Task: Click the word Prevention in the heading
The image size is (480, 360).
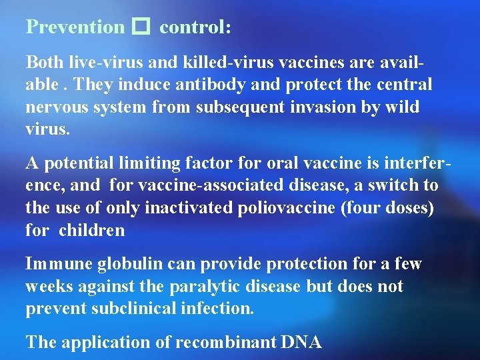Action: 75,27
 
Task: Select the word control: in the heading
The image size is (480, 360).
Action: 195,27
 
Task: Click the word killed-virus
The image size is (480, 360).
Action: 211,63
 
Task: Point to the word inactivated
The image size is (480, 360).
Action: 187,207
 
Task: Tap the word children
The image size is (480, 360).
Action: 91,231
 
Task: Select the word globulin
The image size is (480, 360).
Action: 127,264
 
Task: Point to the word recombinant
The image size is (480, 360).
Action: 220,342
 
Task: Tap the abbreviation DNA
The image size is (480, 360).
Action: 302,342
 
